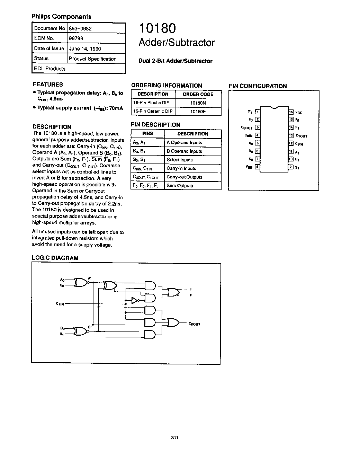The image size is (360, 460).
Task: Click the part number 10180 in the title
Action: tap(157, 28)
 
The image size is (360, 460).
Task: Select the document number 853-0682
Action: tap(80, 29)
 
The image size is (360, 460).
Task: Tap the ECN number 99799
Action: tap(76, 38)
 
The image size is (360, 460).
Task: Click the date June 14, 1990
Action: tap(85, 49)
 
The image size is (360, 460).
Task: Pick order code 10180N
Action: tap(198, 103)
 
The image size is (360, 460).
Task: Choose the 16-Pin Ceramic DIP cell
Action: tap(153, 111)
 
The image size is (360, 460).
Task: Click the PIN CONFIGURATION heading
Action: tap(258, 86)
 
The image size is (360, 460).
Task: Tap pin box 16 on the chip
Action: tap(291, 112)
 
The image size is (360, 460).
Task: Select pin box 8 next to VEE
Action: tap(258, 167)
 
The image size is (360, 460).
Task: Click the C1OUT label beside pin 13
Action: tap(301, 136)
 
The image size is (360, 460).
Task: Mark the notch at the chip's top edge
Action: tap(274, 107)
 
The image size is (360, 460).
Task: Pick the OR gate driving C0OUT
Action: tap(173, 323)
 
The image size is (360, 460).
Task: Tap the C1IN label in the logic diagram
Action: tap(60, 304)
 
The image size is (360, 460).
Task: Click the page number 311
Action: tap(175, 438)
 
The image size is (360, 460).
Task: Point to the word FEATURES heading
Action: tap(48, 85)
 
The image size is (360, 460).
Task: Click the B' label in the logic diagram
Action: tap(90, 327)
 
